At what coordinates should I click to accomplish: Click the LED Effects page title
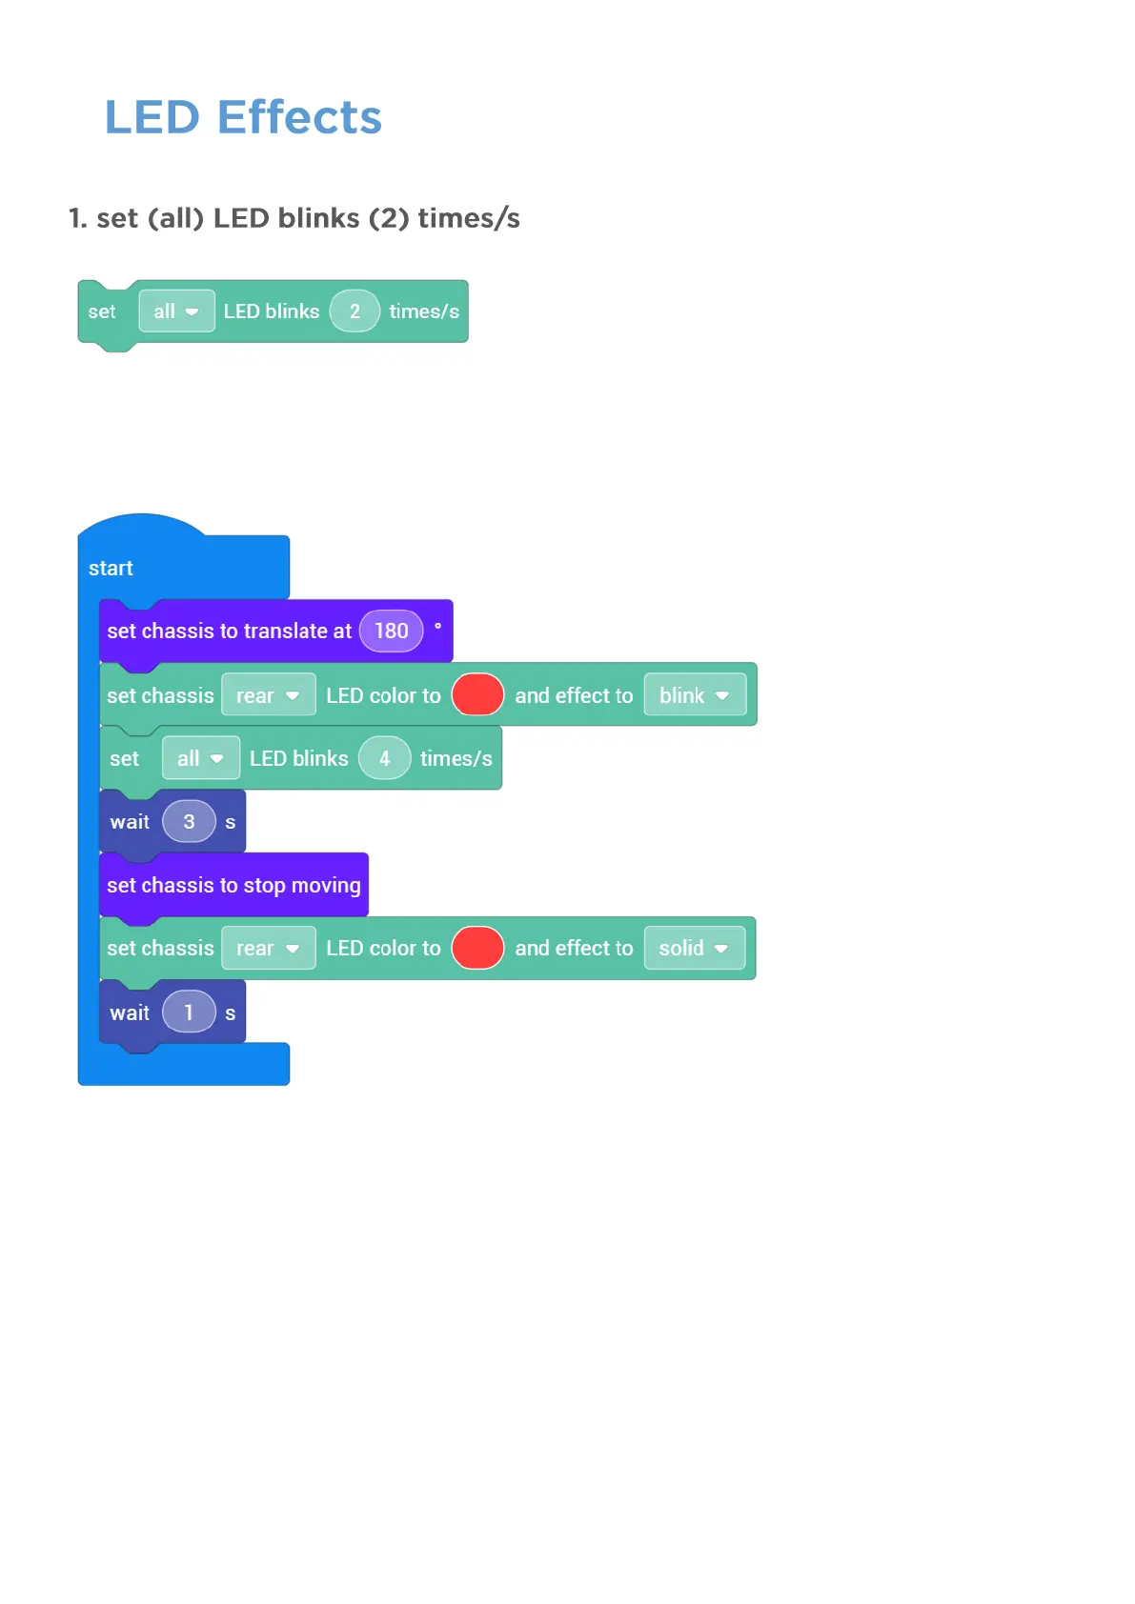click(243, 117)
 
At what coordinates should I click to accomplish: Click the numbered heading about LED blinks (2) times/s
click(294, 218)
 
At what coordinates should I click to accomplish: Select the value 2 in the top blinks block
click(355, 311)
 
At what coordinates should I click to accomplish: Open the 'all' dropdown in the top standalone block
click(176, 311)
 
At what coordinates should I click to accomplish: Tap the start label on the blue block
click(111, 569)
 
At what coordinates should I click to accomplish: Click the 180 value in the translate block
click(391, 631)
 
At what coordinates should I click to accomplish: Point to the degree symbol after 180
click(437, 626)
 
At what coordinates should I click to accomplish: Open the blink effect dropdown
click(695, 695)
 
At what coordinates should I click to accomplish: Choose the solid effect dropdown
click(694, 948)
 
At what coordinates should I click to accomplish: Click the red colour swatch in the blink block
click(477, 694)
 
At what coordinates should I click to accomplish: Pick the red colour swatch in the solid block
click(477, 948)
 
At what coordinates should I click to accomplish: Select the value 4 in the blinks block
click(384, 758)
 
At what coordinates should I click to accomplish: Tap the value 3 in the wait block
click(189, 821)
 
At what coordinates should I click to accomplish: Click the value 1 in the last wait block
click(189, 1012)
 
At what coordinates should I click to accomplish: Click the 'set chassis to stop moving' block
click(233, 885)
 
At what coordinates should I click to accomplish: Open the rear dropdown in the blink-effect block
click(268, 695)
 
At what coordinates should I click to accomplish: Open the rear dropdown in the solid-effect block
click(268, 948)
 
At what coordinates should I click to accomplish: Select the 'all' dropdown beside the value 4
click(200, 758)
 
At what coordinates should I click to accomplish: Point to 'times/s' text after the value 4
click(456, 758)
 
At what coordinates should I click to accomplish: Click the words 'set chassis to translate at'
click(229, 631)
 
